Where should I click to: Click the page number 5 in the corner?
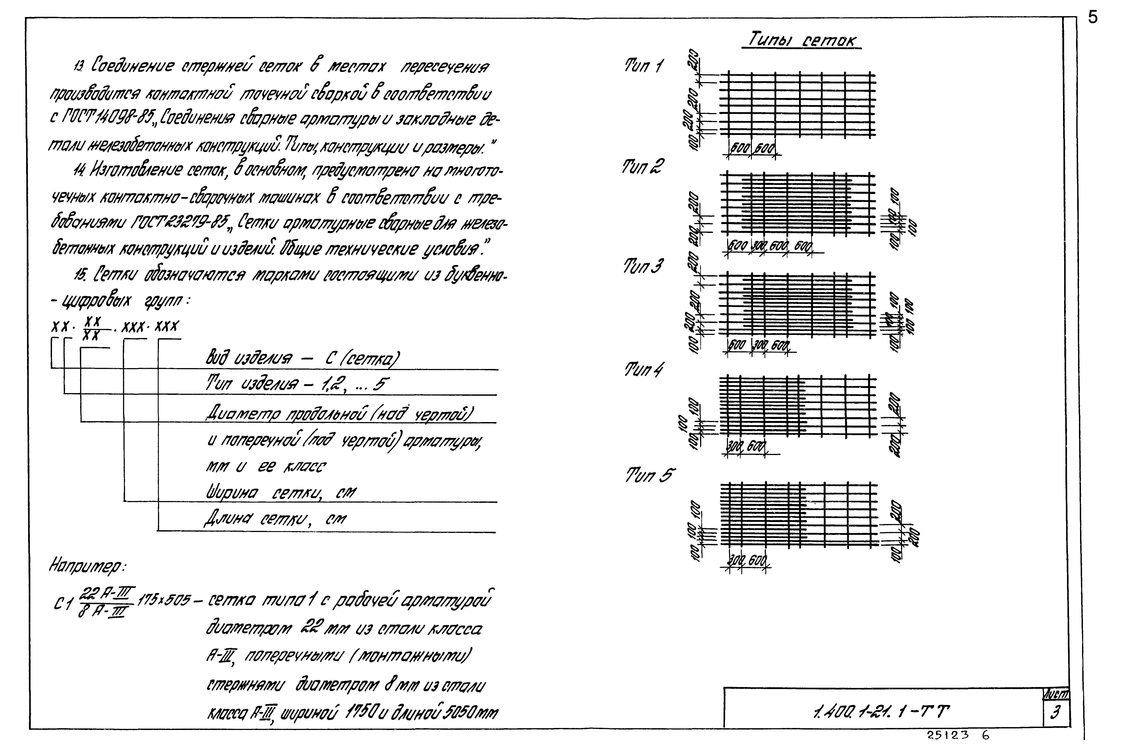click(1093, 18)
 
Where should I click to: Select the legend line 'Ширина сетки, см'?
click(281, 492)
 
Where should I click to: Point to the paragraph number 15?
click(80, 274)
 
